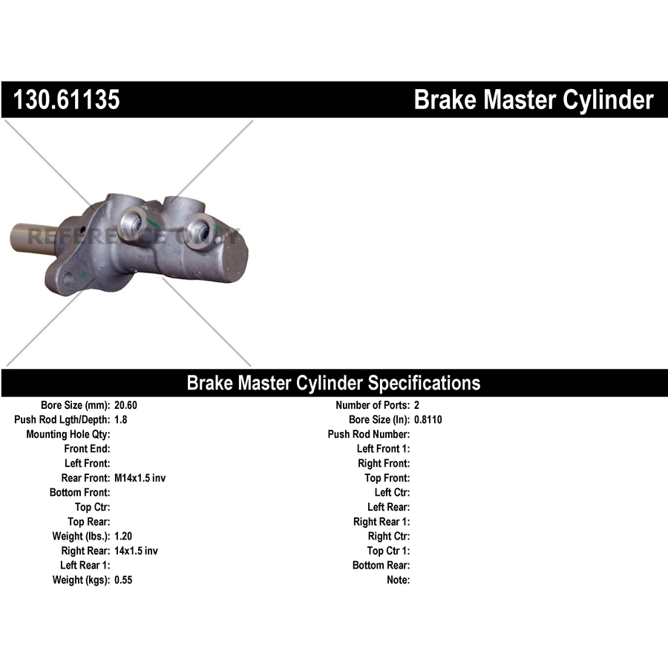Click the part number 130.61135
coord(67,99)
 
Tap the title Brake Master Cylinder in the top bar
coord(534,100)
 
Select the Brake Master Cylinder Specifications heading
coord(333,383)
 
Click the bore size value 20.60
coord(125,405)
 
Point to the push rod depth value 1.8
coord(120,419)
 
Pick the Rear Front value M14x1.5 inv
coord(140,478)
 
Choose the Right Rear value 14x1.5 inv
coord(136,551)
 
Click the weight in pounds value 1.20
coord(123,536)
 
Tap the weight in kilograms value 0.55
coord(123,580)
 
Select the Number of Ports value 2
coord(416,405)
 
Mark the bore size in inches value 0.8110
coord(428,419)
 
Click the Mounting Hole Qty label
coord(68,434)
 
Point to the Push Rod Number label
coord(369,434)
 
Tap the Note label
coord(399,580)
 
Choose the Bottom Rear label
coord(382,566)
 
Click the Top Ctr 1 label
coord(388,551)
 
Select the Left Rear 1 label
coord(85,566)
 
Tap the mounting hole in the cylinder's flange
coord(68,279)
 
